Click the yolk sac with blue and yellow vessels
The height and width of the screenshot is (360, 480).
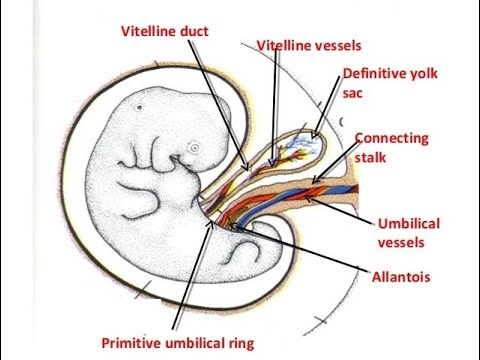tap(303, 149)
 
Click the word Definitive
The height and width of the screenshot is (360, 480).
tap(372, 73)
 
